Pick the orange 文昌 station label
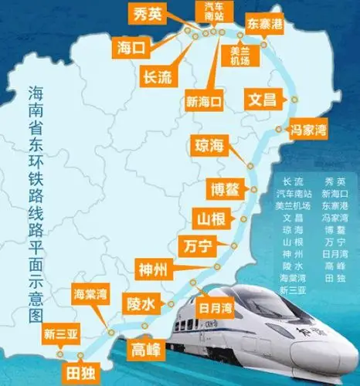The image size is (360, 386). click(x=260, y=100)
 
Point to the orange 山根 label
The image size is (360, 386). click(x=209, y=219)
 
